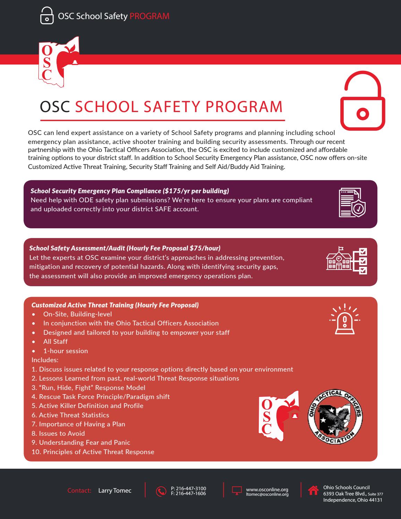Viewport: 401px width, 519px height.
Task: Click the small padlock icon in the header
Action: point(47,16)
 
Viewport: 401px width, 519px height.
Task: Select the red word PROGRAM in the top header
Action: point(150,16)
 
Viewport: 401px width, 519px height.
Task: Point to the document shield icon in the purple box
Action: point(352,202)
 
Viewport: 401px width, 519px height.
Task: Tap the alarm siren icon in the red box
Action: point(344,319)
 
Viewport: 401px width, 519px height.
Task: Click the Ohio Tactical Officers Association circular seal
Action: point(335,417)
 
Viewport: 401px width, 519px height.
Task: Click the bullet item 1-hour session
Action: point(65,351)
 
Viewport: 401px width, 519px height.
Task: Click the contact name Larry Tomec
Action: point(115,491)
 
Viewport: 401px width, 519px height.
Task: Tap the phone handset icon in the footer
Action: point(161,491)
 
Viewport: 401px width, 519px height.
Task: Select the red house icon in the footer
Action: point(313,490)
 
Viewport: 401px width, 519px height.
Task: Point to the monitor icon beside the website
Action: point(237,491)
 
